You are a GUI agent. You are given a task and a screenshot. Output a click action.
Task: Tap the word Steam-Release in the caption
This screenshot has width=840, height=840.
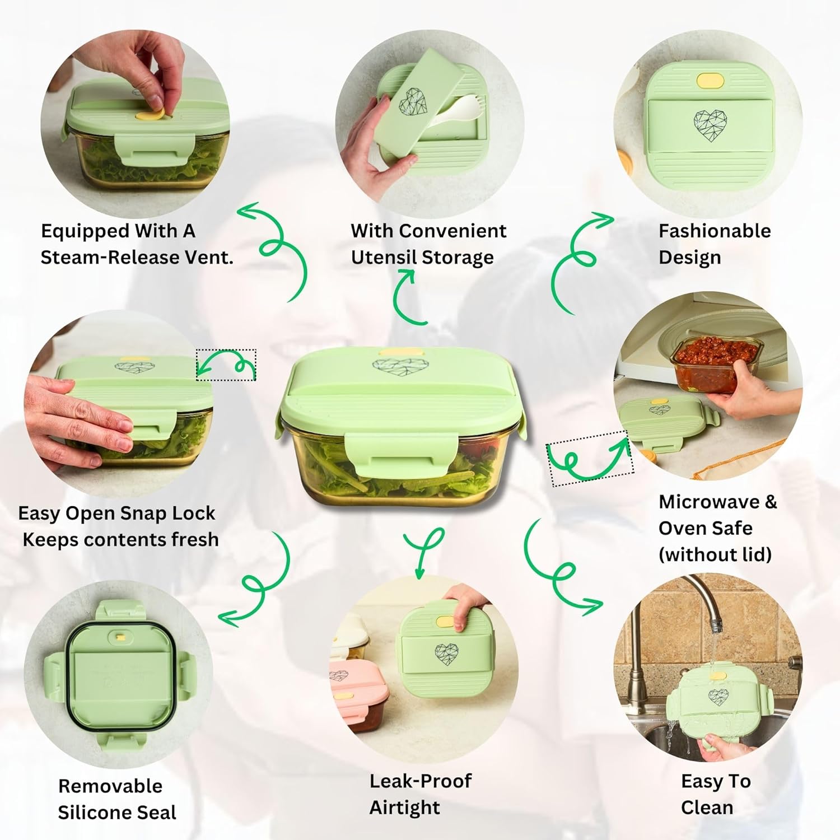pos(110,257)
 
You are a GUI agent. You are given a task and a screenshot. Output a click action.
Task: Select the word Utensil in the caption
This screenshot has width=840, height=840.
pos(384,257)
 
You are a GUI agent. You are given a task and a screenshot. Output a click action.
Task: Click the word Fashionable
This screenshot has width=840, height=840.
pos(715,231)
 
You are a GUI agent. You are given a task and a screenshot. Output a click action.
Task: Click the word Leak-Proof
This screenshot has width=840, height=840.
pos(421,781)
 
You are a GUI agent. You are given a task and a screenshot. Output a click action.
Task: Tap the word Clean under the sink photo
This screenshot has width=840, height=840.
pos(707,808)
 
